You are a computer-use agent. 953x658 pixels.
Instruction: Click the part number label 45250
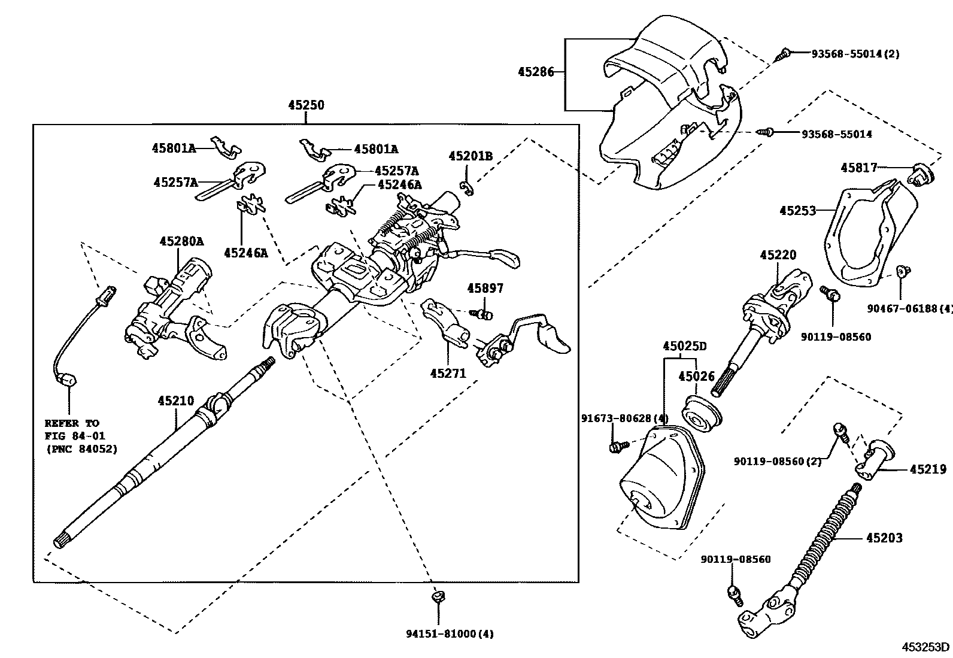[305, 105]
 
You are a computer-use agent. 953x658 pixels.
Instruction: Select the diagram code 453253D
[926, 647]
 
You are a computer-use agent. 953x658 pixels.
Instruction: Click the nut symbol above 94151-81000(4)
[438, 597]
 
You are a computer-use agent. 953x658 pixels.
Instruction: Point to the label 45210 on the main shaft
[175, 401]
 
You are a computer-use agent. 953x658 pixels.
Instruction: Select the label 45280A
[181, 241]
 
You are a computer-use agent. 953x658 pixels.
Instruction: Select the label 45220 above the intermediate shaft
[778, 255]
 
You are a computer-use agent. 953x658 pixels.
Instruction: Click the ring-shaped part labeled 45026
[701, 413]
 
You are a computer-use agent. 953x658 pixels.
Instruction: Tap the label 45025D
[684, 346]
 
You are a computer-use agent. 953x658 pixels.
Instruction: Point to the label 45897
[485, 288]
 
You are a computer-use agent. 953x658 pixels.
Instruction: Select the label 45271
[447, 373]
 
